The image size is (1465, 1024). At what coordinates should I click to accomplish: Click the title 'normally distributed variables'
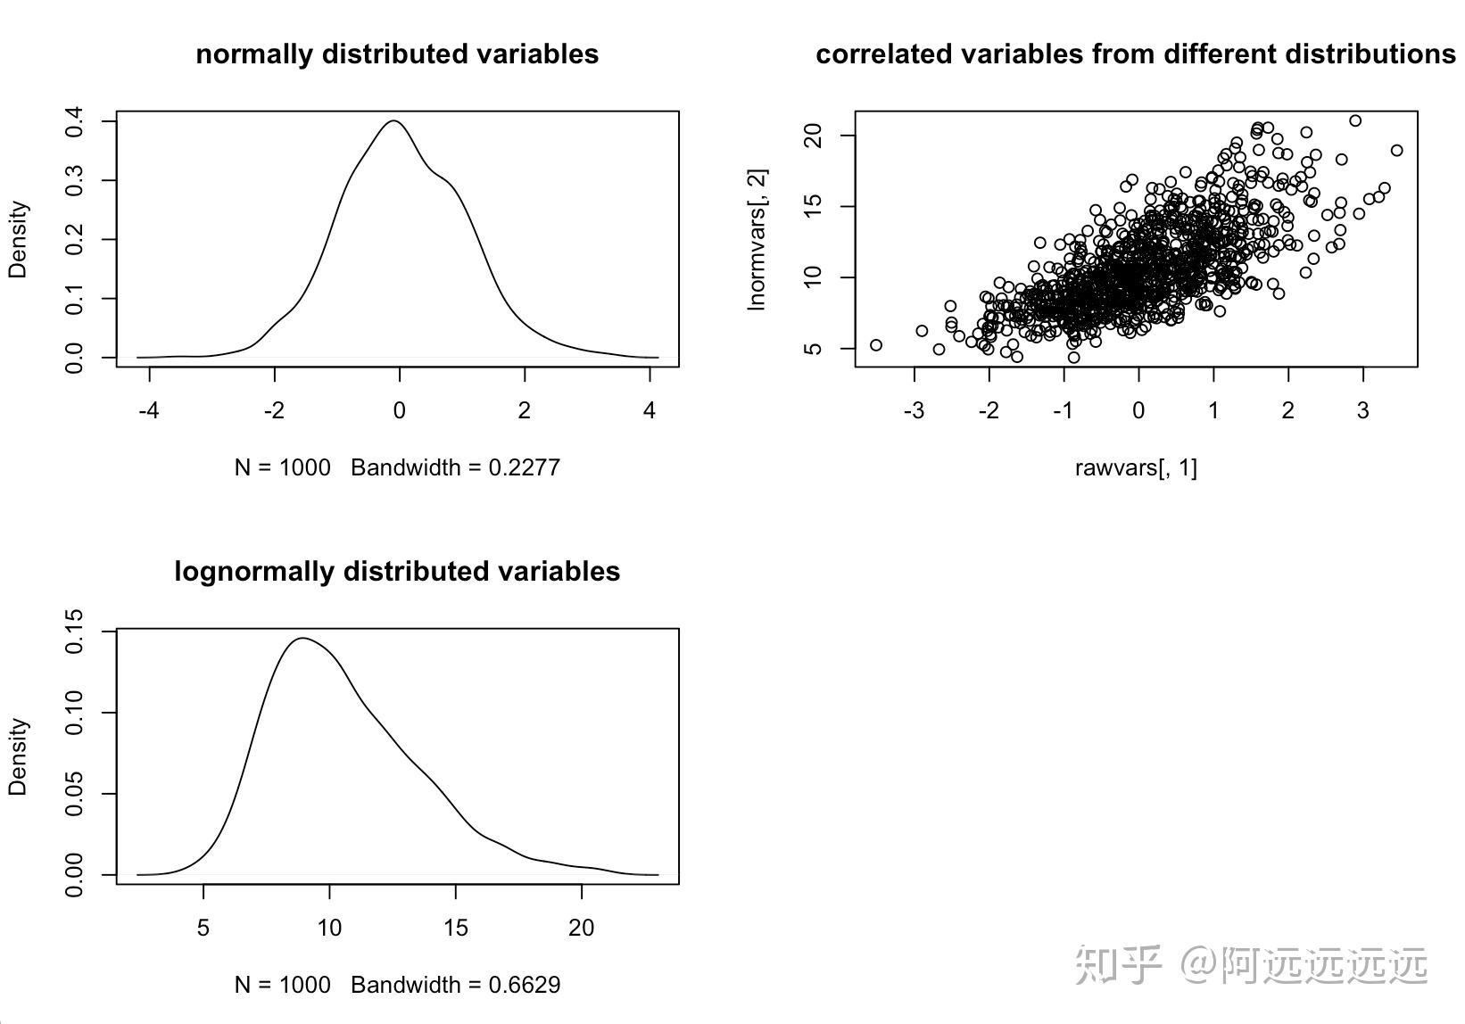(397, 54)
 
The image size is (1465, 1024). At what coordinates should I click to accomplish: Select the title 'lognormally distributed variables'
(397, 571)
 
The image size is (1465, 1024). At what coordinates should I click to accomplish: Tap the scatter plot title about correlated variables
(1136, 54)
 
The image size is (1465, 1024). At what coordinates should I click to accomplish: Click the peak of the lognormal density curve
(302, 638)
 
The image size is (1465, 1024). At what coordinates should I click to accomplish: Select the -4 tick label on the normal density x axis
(149, 410)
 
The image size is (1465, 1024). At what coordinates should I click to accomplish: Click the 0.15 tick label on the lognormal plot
(74, 631)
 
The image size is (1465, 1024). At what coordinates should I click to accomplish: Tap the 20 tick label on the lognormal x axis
(582, 928)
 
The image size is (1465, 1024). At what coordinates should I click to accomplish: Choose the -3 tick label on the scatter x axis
(914, 410)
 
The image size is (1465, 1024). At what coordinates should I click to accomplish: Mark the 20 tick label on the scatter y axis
(812, 136)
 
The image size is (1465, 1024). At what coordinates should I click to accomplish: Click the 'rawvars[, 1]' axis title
(1136, 467)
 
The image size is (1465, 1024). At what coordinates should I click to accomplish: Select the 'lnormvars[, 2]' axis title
(757, 239)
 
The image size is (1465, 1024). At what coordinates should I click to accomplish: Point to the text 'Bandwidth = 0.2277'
(455, 467)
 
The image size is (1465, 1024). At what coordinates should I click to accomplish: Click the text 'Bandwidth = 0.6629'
(455, 984)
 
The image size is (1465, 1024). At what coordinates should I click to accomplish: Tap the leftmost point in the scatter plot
(876, 344)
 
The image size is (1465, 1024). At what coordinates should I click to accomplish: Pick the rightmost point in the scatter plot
(1397, 151)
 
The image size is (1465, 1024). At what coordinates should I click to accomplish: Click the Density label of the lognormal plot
(18, 756)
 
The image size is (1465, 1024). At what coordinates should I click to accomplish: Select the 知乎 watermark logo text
(1118, 964)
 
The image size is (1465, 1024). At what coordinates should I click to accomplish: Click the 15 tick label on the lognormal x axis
(455, 928)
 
